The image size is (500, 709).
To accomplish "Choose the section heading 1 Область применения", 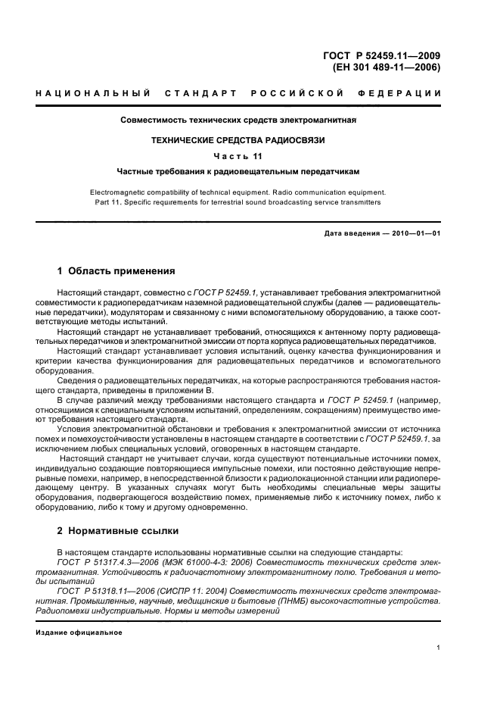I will (116, 270).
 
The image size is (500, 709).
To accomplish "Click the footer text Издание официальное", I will (79, 632).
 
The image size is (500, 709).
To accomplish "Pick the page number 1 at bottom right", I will (438, 648).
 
